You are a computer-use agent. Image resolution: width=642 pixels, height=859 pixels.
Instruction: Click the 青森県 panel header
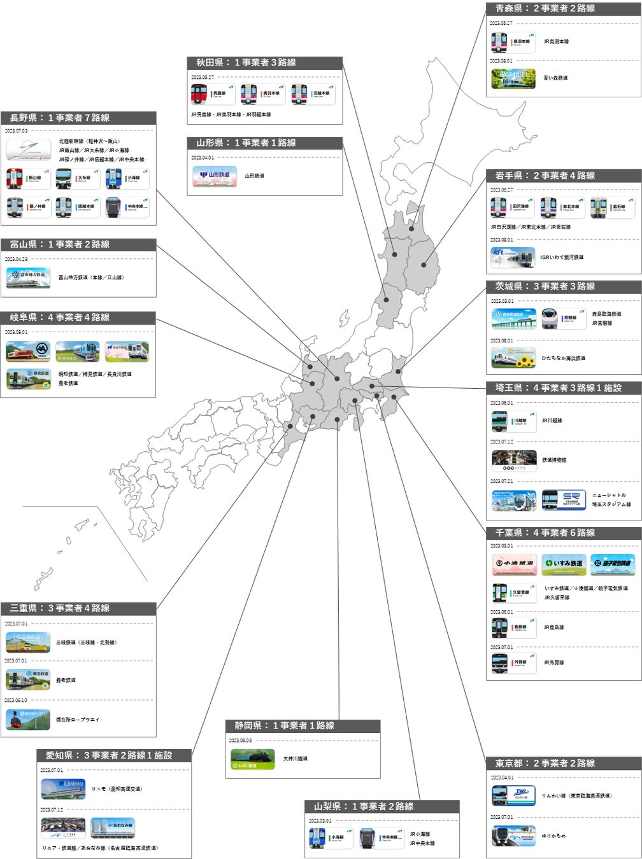tap(563, 8)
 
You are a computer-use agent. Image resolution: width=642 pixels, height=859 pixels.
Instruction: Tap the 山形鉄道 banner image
tap(215, 176)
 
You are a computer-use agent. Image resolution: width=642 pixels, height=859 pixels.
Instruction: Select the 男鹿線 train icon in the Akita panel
tap(213, 94)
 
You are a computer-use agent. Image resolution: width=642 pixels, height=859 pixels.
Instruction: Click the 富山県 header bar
tap(78, 244)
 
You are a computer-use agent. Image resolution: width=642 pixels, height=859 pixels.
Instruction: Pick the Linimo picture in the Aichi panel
tap(63, 788)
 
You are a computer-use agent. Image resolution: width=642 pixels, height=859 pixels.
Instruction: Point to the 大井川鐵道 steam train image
tap(253, 758)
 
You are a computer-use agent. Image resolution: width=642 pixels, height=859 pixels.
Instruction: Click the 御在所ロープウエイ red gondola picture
tap(28, 720)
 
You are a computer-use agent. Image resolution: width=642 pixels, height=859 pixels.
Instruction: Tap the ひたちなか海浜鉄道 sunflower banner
tap(513, 358)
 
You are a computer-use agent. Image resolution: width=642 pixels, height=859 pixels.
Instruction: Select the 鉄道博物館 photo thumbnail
tap(513, 459)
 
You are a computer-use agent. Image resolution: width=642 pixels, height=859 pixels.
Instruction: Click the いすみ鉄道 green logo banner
tap(564, 564)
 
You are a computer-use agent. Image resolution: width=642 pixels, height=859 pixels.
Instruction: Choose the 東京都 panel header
tap(563, 763)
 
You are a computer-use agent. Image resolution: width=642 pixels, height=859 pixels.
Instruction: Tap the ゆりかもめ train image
tap(513, 835)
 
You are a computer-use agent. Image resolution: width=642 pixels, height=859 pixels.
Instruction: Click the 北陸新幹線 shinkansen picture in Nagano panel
tap(29, 150)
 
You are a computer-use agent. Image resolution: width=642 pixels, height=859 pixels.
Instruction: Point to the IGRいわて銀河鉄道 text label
tap(561, 258)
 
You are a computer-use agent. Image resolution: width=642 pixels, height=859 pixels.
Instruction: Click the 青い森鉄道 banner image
tap(513, 78)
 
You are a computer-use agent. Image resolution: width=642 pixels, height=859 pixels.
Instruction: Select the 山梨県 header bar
tap(382, 806)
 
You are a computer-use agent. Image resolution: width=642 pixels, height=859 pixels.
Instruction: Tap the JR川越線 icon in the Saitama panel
tap(513, 421)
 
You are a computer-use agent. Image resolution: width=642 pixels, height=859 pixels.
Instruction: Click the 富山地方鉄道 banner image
tap(29, 277)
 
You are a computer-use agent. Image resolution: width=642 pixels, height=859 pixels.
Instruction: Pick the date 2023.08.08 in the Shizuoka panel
tap(240, 741)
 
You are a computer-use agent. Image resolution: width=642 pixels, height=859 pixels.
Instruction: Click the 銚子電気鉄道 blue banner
tap(612, 564)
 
